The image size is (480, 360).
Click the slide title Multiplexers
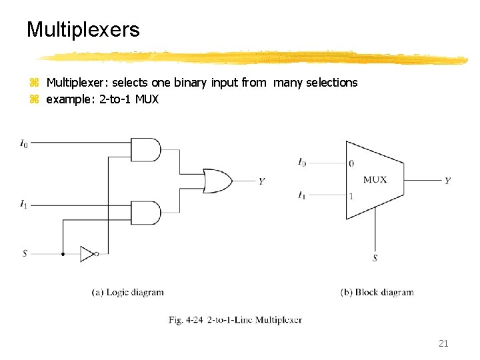click(x=83, y=29)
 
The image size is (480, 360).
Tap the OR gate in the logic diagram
click(x=217, y=181)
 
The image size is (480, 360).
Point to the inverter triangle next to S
click(x=87, y=253)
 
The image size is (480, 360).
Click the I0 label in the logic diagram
click(x=24, y=142)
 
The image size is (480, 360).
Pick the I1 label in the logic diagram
click(x=24, y=204)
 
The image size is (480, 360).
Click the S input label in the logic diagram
click(x=25, y=253)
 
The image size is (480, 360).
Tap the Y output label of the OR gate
click(x=261, y=181)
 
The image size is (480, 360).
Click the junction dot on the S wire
click(x=63, y=253)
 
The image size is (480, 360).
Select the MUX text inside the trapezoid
click(x=375, y=180)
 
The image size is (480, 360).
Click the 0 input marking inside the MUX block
click(x=351, y=163)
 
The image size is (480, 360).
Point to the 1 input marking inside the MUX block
click(x=351, y=196)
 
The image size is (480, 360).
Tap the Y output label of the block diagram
click(x=447, y=181)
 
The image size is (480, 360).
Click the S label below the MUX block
click(x=375, y=258)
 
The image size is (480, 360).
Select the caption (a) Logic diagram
click(x=127, y=292)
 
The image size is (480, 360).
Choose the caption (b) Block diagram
click(x=377, y=292)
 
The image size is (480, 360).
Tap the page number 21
click(x=443, y=343)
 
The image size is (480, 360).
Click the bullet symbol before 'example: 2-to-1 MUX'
click(x=35, y=100)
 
